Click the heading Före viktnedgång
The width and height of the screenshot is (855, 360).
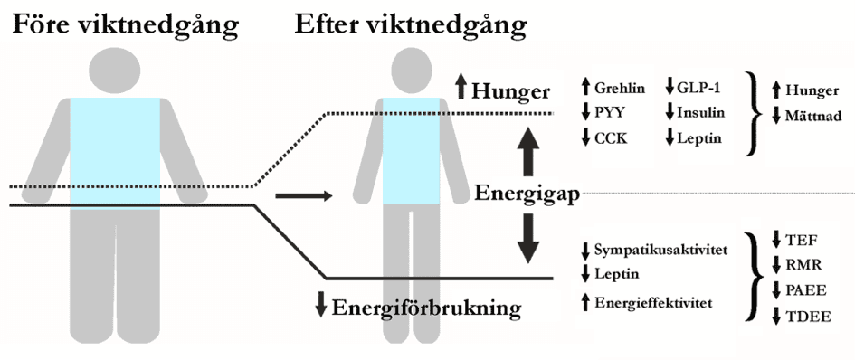pyautogui.click(x=126, y=25)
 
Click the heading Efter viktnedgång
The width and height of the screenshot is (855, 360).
pyautogui.click(x=411, y=25)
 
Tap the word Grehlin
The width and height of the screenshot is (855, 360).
pyautogui.click(x=620, y=88)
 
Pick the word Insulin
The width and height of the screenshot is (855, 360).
pyautogui.click(x=701, y=113)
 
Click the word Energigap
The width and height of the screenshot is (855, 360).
pyautogui.click(x=527, y=194)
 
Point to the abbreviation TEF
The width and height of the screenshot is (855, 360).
pyautogui.click(x=801, y=240)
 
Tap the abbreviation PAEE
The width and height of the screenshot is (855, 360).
pyautogui.click(x=806, y=290)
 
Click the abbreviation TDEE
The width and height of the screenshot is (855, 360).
pyautogui.click(x=808, y=317)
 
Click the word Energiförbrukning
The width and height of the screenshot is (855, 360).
pyautogui.click(x=426, y=308)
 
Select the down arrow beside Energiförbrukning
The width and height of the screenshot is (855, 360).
pyautogui.click(x=320, y=305)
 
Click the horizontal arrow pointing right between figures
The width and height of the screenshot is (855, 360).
pyautogui.click(x=304, y=195)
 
